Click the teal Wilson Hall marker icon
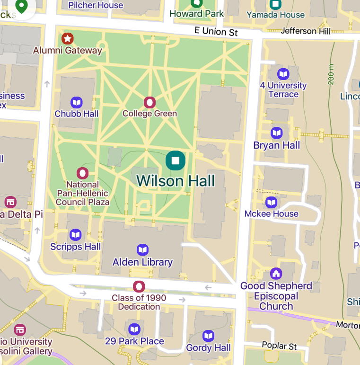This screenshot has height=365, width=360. click(x=176, y=160)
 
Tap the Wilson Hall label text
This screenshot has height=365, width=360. click(x=176, y=181)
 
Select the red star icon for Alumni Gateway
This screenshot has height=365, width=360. click(x=68, y=38)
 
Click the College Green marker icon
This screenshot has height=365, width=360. click(x=149, y=102)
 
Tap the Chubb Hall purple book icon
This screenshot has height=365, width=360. click(x=77, y=102)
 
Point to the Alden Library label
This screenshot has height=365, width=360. click(x=142, y=262)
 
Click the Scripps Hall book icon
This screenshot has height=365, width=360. click(x=76, y=235)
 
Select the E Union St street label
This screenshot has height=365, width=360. click(x=216, y=31)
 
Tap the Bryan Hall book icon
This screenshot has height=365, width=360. click(x=277, y=133)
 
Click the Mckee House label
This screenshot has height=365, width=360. click(x=272, y=214)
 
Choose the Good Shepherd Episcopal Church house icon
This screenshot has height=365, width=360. click(x=276, y=274)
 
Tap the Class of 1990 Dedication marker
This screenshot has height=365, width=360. click(x=139, y=286)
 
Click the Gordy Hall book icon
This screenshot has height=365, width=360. click(x=209, y=336)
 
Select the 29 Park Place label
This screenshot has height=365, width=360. click(x=134, y=341)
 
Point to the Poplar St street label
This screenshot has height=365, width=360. click(x=280, y=347)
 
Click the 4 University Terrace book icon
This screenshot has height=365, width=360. click(x=283, y=74)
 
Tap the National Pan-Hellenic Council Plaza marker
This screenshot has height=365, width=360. click(x=83, y=173)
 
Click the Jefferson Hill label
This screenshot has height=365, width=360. click(x=306, y=31)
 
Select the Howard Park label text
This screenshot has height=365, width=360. click(x=196, y=14)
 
